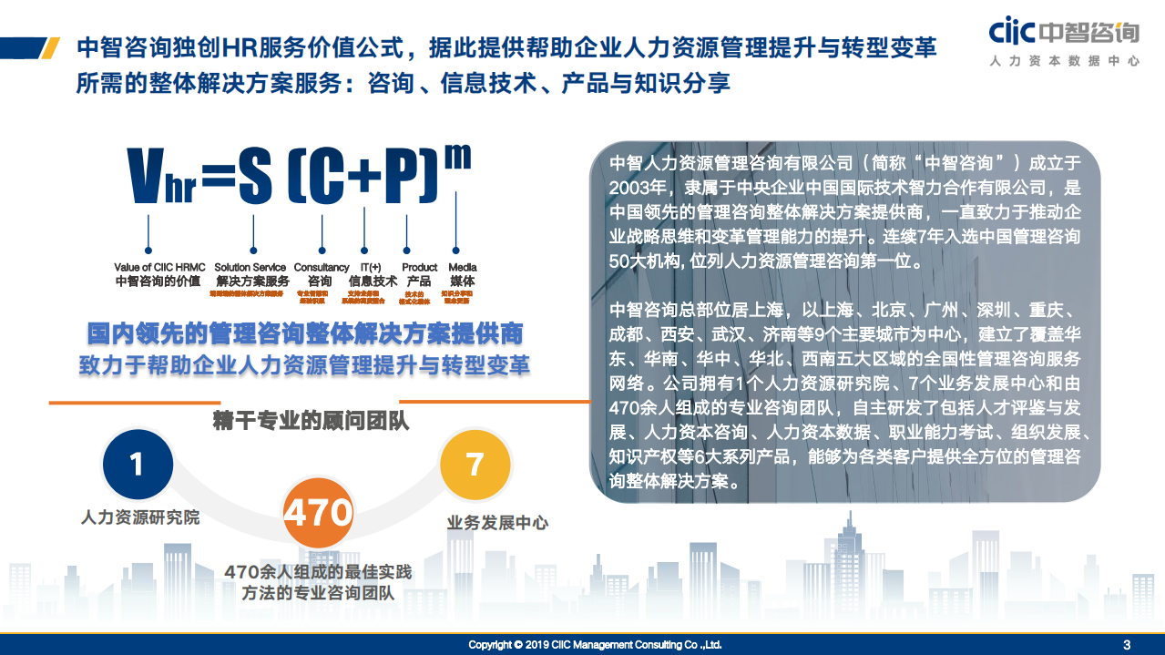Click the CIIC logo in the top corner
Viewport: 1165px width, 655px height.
tap(1064, 43)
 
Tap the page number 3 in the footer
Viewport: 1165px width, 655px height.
tap(1127, 645)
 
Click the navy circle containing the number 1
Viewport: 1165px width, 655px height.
tap(137, 465)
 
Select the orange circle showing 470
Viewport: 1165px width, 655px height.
tap(318, 512)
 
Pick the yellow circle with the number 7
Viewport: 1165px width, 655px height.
tap(475, 465)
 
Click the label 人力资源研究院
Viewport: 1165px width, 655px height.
tap(140, 517)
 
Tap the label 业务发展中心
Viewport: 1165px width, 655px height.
tap(497, 523)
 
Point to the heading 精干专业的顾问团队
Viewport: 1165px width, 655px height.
tap(311, 421)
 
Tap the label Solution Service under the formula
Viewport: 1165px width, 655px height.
tap(250, 267)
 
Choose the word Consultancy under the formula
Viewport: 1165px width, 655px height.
tap(322, 267)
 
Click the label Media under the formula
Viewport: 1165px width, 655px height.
tap(463, 267)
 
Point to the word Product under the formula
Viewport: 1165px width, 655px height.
tap(420, 267)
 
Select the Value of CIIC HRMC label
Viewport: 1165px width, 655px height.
tap(159, 267)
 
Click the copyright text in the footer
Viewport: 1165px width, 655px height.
tap(595, 645)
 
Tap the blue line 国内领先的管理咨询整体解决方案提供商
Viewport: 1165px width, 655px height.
tap(304, 332)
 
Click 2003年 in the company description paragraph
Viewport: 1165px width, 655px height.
tap(639, 189)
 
